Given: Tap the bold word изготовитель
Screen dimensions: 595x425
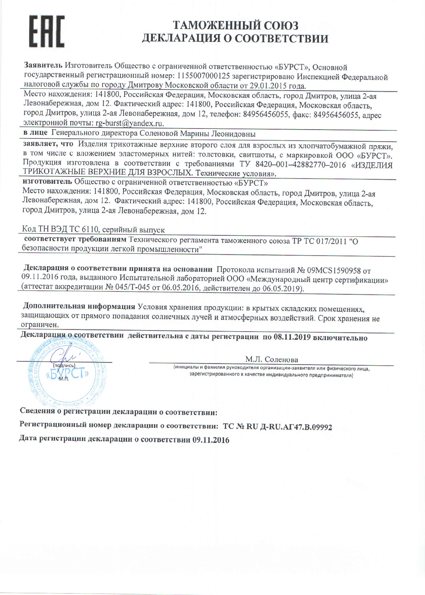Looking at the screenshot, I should (48, 183).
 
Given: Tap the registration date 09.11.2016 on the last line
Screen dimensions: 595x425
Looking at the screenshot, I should (211, 440).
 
